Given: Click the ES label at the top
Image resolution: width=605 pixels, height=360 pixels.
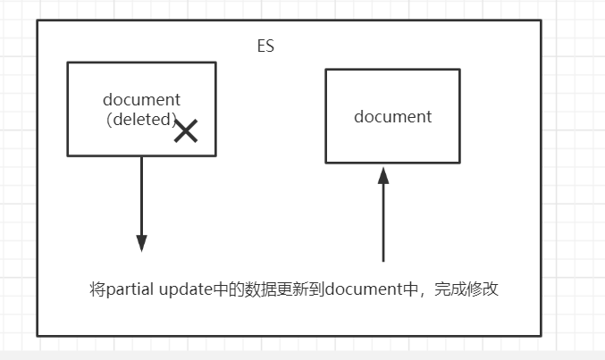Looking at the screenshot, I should tap(265, 46).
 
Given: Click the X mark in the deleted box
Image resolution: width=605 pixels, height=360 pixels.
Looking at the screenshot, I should tap(186, 132).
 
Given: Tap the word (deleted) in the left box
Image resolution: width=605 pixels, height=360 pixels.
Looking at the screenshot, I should tap(141, 118).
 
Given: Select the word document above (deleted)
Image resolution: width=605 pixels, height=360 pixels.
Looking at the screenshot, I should tap(141, 99).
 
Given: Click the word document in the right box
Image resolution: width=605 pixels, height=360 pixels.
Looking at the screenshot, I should tap(392, 116).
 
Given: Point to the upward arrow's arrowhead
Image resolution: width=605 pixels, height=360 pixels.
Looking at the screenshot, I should tap(383, 174).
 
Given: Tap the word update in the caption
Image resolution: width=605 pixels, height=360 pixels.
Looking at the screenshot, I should tap(186, 289).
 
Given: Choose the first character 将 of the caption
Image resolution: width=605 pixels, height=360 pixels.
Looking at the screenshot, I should tap(97, 289).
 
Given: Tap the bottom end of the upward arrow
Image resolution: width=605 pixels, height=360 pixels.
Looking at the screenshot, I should tap(383, 260).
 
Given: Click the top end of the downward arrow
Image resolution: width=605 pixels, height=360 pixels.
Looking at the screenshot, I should tap(141, 158).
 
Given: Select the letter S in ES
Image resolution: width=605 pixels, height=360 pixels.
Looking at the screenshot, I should tap(269, 46).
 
